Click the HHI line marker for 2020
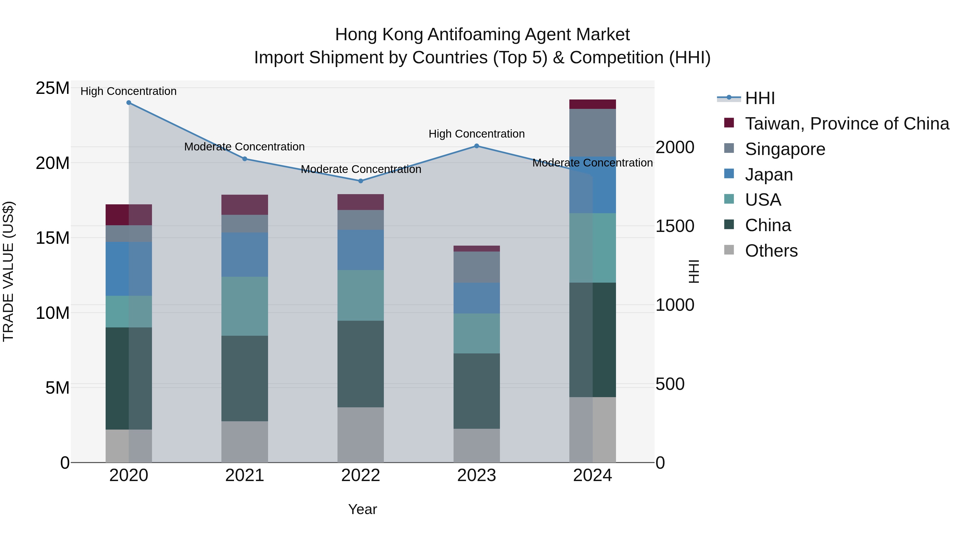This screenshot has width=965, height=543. pyautogui.click(x=129, y=103)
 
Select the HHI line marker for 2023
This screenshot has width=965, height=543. pyautogui.click(x=477, y=146)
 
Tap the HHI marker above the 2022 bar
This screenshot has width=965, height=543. pyautogui.click(x=361, y=181)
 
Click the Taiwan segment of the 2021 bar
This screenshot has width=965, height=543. pyautogui.click(x=245, y=205)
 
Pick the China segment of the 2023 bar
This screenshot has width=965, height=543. pyautogui.click(x=477, y=391)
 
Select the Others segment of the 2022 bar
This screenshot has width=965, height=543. pyautogui.click(x=361, y=435)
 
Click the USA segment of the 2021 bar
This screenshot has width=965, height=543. pyautogui.click(x=245, y=306)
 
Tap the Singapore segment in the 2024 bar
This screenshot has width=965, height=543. pyautogui.click(x=593, y=133)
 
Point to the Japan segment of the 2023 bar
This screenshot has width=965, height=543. pyautogui.click(x=477, y=298)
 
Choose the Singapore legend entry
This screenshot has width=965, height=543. pyautogui.click(x=785, y=149)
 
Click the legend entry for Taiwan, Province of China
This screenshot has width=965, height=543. pyautogui.click(x=847, y=124)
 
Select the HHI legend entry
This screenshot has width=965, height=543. pyautogui.click(x=759, y=98)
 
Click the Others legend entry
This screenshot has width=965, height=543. pyautogui.click(x=771, y=251)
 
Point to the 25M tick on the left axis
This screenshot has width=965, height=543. pyautogui.click(x=53, y=88)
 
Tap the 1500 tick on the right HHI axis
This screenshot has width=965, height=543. pyautogui.click(x=675, y=226)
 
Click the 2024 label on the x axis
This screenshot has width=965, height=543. pyautogui.click(x=593, y=475)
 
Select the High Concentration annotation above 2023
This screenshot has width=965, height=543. pyautogui.click(x=477, y=134)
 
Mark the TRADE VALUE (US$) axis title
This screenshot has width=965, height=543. pyautogui.click(x=8, y=271)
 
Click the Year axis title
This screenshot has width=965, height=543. pyautogui.click(x=362, y=509)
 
